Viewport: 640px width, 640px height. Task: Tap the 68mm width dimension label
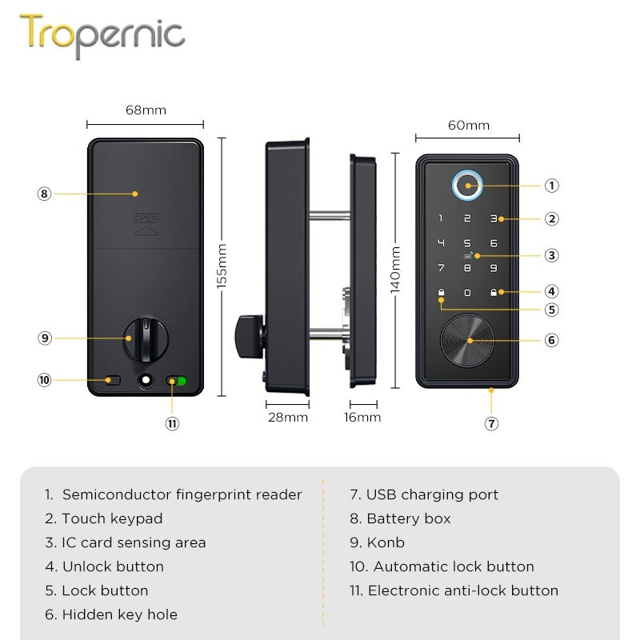(x=146, y=110)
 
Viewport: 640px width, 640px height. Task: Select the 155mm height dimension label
(x=222, y=265)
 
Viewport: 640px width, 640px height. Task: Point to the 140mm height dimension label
(x=395, y=270)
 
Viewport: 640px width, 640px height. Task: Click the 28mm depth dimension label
(x=286, y=417)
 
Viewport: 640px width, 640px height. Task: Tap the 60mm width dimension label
(x=468, y=125)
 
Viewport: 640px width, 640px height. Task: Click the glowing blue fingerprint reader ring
(x=466, y=186)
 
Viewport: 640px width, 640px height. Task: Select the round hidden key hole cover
(x=468, y=340)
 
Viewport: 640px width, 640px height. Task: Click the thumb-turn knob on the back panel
(x=145, y=338)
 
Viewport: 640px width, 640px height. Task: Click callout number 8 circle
(x=44, y=194)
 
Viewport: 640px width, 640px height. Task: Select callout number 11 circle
(x=172, y=424)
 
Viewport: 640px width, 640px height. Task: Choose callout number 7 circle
(x=492, y=424)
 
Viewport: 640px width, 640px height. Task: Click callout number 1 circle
(x=551, y=186)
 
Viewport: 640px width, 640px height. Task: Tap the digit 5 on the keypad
(x=466, y=243)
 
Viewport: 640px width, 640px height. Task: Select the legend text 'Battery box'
(x=408, y=518)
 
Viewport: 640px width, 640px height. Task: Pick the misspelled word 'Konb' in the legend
(x=386, y=542)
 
